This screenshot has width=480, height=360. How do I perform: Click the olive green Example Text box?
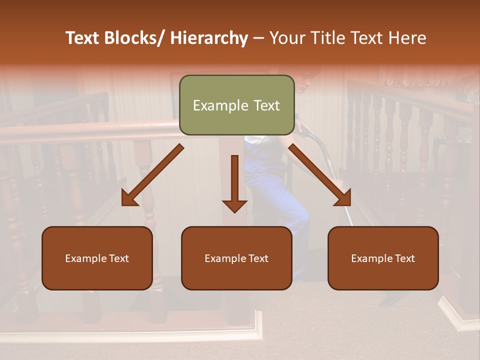pos(236,105)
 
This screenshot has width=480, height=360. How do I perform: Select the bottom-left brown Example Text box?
pos(97,258)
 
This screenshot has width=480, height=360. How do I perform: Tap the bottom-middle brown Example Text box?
pos(236,258)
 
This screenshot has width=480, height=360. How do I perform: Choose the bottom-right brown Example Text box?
pos(383,258)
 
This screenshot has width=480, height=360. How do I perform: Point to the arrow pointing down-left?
pos(153,175)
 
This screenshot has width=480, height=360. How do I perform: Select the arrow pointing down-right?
pos(320,175)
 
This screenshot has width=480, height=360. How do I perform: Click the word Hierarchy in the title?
pos(209,38)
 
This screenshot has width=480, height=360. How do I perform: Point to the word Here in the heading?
pos(408,38)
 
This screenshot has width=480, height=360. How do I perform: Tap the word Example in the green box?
pos(216,105)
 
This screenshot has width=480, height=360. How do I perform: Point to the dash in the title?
pos(258,38)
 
